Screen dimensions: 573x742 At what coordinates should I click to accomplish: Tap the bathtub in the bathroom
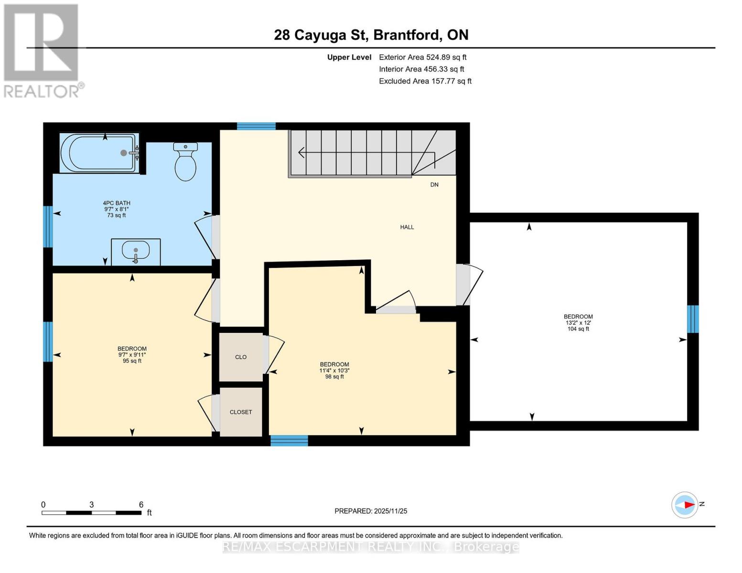coord(99,153)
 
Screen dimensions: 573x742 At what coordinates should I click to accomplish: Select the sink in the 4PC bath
coord(136,251)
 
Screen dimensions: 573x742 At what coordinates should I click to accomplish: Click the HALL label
coord(407,227)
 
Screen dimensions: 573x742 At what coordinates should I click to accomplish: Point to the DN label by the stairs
coord(434,185)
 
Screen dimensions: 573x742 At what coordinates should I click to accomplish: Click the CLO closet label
coord(241,357)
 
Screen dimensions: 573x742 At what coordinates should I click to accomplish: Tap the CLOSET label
coord(241,412)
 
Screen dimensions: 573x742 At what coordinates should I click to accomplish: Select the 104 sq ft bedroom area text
coord(578,329)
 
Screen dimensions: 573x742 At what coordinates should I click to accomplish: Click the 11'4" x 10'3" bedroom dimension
coord(334,371)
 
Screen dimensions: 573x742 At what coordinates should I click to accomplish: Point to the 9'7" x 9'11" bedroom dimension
coord(132,355)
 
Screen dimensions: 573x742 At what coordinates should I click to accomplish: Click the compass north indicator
coord(686,505)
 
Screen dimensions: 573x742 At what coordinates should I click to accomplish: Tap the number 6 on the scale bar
coord(141,505)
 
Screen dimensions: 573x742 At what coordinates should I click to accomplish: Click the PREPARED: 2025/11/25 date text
coord(371,511)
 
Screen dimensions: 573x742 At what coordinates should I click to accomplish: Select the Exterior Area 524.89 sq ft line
coord(422,57)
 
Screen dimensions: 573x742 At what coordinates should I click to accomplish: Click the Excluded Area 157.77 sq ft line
coord(425,81)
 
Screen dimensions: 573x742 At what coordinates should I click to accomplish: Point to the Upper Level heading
coord(349,57)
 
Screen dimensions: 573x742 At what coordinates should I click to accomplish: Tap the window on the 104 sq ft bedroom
coord(693,319)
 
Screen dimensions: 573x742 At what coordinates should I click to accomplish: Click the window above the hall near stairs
coord(256,126)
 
